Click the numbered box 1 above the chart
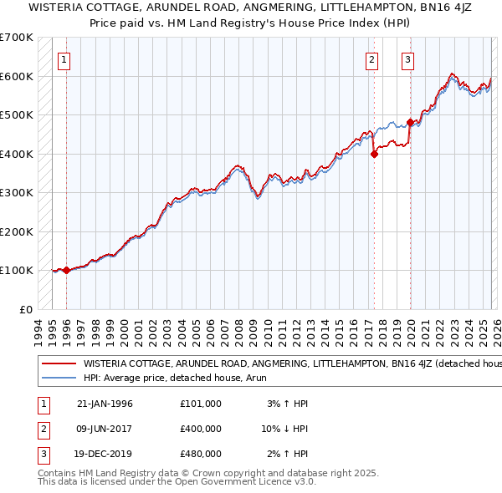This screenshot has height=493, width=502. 64,59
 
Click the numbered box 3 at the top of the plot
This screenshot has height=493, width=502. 407,59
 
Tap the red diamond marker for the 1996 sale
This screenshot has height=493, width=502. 66,270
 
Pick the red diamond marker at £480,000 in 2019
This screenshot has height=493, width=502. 410,123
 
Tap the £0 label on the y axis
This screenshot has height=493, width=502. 25,309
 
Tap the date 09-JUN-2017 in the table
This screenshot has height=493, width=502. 105,428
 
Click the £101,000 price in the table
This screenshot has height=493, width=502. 200,403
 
